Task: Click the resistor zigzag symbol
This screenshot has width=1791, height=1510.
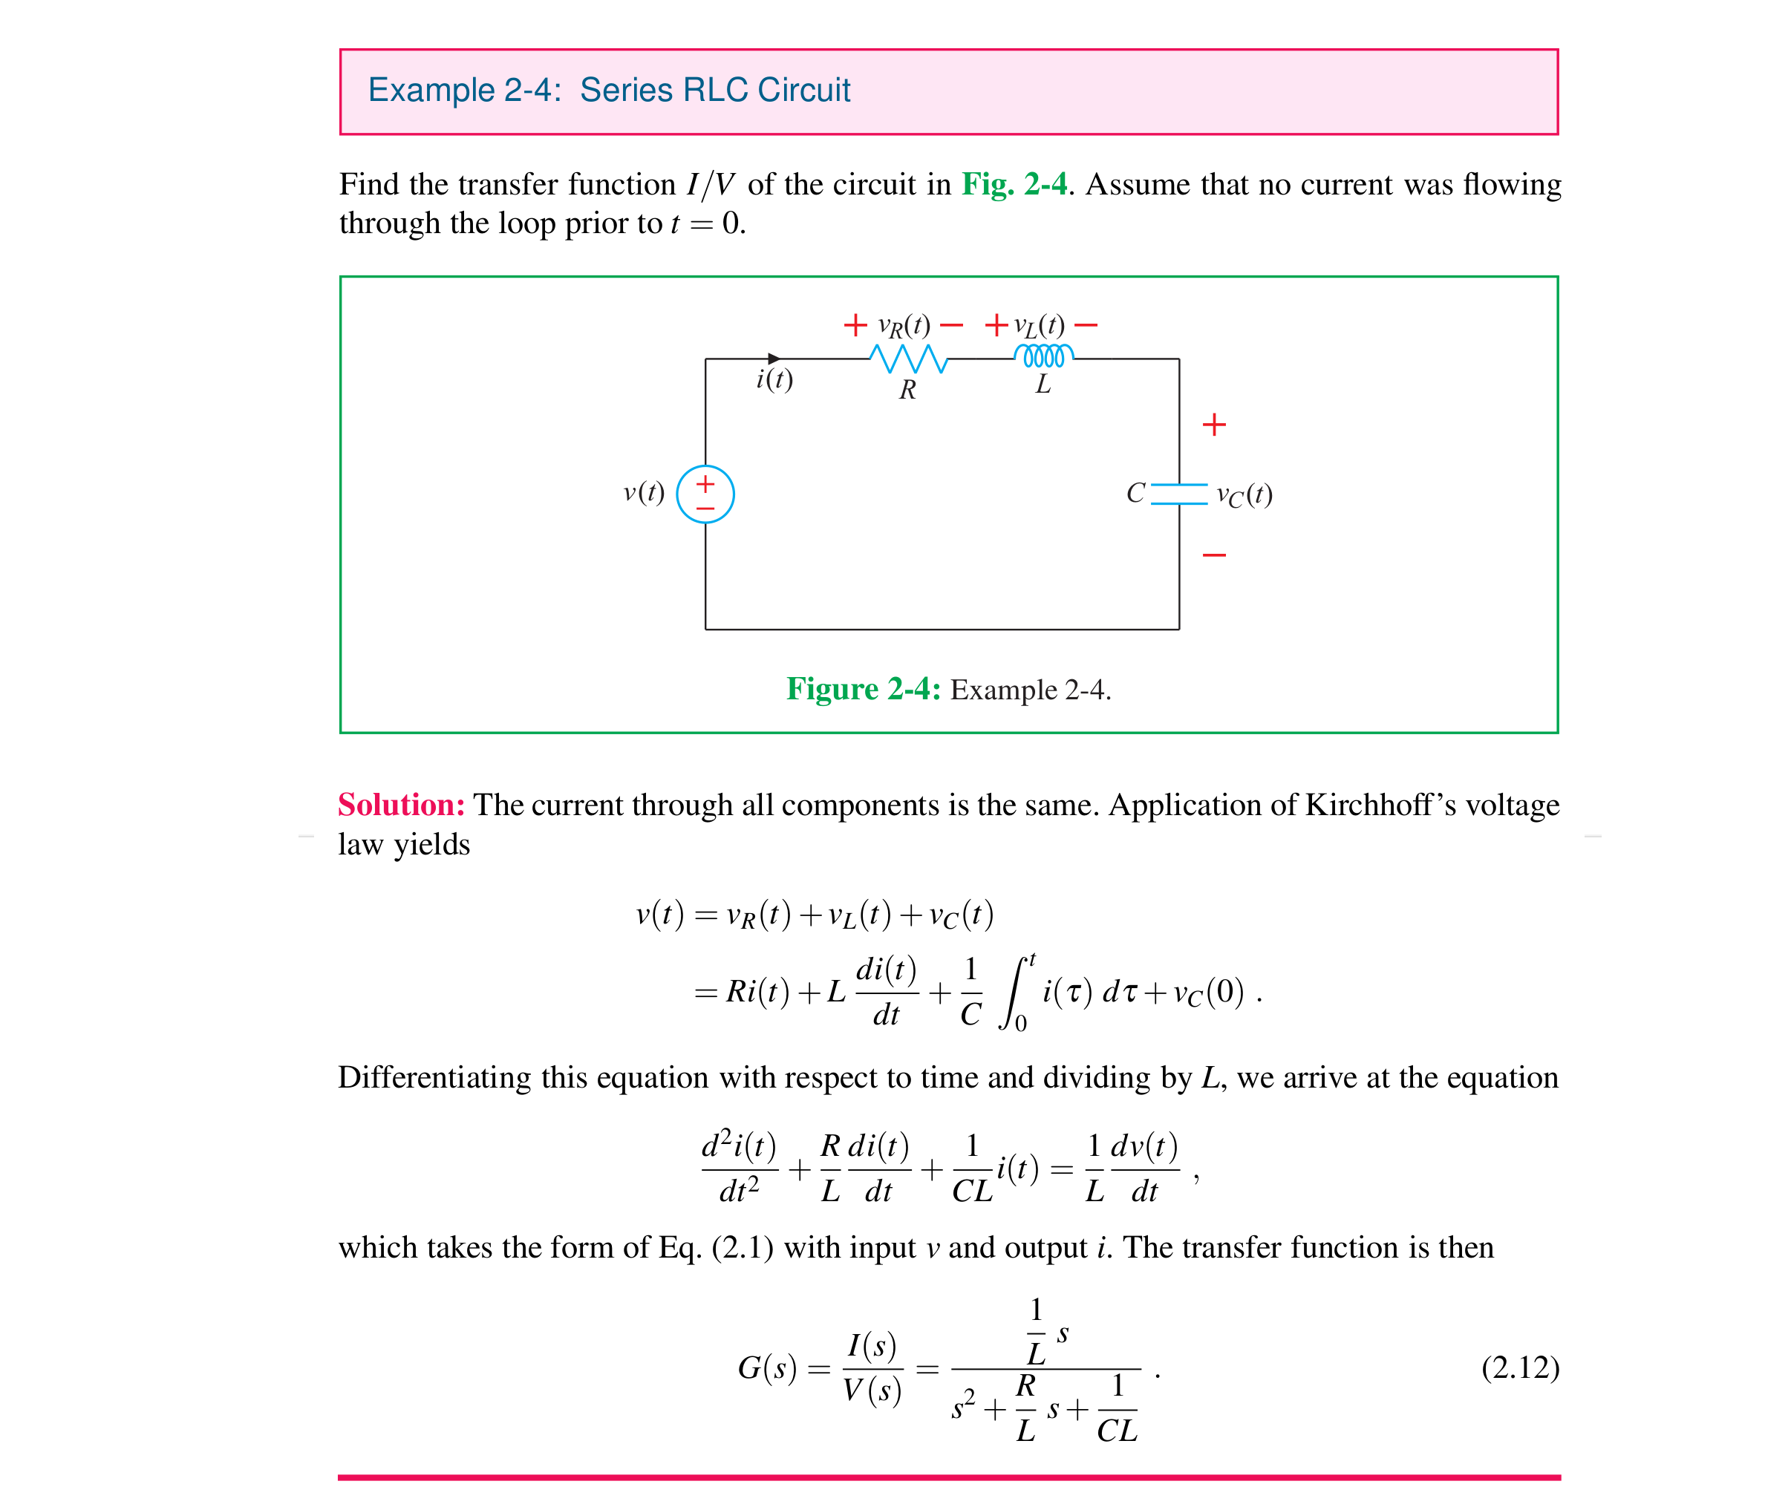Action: click(907, 358)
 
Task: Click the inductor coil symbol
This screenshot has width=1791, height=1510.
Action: click(1043, 356)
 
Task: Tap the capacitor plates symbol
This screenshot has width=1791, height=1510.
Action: click(1179, 494)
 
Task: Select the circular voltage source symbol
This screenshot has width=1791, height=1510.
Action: click(705, 494)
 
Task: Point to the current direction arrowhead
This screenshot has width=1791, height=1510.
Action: click(774, 359)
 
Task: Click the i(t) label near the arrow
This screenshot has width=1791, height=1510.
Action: click(774, 379)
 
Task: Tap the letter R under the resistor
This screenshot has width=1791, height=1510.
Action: click(907, 390)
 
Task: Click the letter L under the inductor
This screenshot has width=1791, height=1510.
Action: click(1043, 385)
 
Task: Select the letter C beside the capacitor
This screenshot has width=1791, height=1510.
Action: click(1135, 493)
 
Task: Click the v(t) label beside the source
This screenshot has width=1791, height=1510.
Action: click(644, 492)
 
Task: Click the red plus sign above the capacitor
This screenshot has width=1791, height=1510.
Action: click(1214, 425)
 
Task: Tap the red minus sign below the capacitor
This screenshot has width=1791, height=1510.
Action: click(1214, 555)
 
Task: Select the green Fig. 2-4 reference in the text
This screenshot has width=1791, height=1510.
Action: click(1014, 184)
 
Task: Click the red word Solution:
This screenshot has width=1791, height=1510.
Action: click(401, 805)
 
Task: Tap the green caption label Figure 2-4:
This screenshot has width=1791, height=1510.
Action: click(863, 689)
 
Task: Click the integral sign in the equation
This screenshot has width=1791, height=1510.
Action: click(1015, 993)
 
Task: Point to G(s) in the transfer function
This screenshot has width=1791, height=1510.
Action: click(767, 1368)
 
